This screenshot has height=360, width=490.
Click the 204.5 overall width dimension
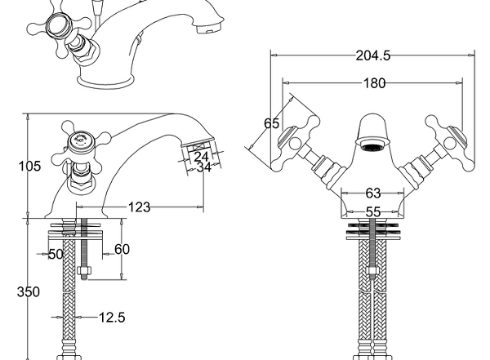[x=373, y=56]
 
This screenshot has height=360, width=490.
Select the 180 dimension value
[x=374, y=83]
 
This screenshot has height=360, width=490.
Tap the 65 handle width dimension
[x=271, y=123]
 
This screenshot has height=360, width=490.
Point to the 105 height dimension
[x=30, y=166]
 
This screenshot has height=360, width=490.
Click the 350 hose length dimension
[x=29, y=292]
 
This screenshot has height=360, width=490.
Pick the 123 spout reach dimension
[x=140, y=207]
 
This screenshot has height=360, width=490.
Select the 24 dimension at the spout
[x=201, y=157]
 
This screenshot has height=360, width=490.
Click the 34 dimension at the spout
[x=204, y=167]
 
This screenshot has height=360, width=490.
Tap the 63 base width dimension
[x=373, y=193]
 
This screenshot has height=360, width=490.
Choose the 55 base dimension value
[x=373, y=212]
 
